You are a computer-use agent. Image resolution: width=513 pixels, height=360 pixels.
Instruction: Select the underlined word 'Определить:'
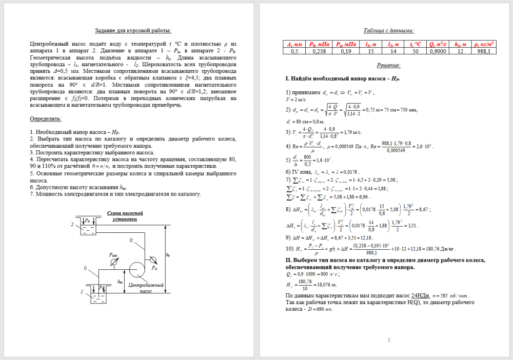46,119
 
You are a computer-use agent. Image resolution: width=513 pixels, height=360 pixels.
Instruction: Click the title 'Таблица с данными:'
388,31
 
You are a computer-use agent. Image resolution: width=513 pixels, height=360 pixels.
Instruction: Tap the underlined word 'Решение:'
388,65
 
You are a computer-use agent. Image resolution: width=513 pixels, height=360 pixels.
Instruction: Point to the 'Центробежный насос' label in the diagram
146,288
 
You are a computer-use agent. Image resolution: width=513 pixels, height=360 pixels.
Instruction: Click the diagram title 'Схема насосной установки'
125,216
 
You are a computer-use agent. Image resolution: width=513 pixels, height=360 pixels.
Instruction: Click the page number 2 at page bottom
388,339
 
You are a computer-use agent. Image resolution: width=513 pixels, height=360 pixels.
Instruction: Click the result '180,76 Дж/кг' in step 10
442,249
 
